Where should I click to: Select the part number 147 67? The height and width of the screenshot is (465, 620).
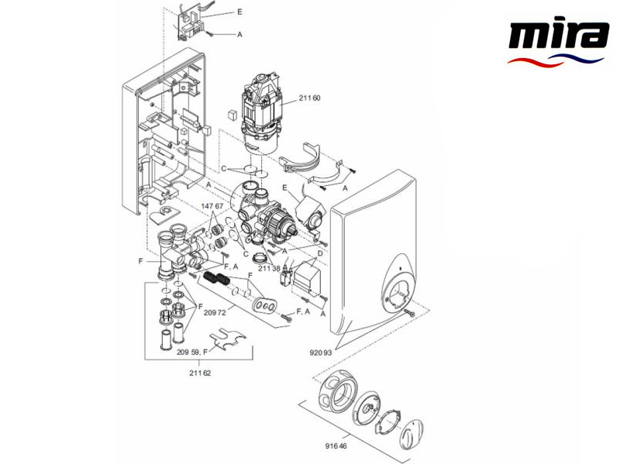[212, 206]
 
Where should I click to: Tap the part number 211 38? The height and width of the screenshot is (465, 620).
[269, 268]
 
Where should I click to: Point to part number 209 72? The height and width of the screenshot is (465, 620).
[215, 313]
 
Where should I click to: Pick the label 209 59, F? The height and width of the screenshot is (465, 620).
[193, 351]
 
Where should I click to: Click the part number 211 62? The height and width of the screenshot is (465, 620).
[199, 373]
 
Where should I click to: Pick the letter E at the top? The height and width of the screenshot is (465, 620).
[239, 13]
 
